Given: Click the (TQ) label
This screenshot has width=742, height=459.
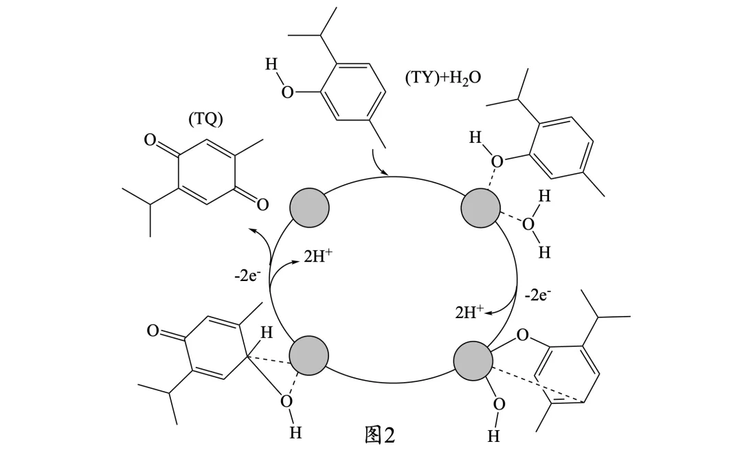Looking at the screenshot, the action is [205, 119].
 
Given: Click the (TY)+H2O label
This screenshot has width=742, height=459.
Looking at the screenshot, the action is [443, 77].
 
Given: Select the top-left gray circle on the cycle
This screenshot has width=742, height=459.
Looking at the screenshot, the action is [309, 208].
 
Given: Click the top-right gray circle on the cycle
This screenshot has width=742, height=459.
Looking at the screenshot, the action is [480, 208].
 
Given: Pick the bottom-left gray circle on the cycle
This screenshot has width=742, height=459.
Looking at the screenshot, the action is [308, 356].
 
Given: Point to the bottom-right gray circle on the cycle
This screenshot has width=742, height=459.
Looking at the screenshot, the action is [473, 361].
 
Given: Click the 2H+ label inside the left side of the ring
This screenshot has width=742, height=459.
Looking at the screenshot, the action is [318, 256].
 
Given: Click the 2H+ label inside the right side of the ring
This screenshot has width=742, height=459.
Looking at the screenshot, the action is [469, 311].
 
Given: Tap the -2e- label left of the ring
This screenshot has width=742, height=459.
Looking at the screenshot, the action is [247, 276].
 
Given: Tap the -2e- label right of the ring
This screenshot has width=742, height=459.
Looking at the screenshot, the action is [538, 295].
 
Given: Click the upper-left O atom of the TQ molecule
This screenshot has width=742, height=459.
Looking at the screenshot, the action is [150, 140].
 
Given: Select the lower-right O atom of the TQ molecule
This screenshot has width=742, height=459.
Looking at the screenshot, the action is [262, 205].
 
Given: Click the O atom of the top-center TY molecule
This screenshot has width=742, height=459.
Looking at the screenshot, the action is [287, 92].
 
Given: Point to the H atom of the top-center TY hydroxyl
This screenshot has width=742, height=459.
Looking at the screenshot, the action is [271, 64].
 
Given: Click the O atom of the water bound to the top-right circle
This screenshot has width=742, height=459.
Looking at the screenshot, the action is [528, 224].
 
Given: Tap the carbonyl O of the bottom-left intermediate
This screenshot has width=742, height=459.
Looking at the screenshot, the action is [153, 331].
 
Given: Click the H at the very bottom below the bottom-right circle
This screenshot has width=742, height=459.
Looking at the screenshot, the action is [493, 436].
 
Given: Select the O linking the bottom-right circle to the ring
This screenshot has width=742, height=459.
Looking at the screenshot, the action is [522, 335].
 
